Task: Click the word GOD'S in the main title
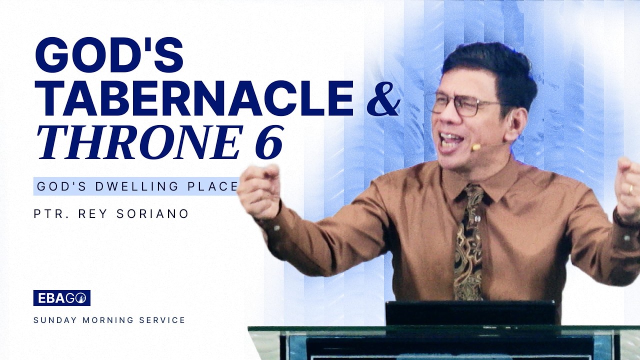click(x=108, y=54)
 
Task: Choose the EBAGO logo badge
click(x=62, y=298)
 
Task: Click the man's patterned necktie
click(x=469, y=245)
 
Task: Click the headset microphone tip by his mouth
click(x=475, y=147)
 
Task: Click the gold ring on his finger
click(x=630, y=189)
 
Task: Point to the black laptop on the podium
click(x=470, y=312)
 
